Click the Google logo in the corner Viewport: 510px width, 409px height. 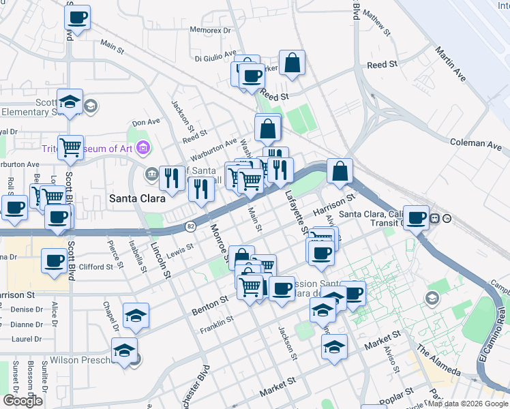(22, 401)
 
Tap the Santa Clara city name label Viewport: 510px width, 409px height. (135, 198)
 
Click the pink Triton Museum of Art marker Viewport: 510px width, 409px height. (142, 147)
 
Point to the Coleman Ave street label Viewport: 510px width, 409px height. (476, 143)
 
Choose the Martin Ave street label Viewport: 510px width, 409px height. (451, 65)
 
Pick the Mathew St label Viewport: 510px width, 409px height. (377, 22)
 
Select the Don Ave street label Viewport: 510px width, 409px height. (145, 123)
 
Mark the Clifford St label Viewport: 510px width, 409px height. (95, 267)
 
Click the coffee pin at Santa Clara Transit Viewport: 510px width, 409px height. (415, 217)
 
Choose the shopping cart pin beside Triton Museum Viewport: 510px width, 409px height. (71, 147)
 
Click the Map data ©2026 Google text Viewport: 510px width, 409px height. (467, 404)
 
